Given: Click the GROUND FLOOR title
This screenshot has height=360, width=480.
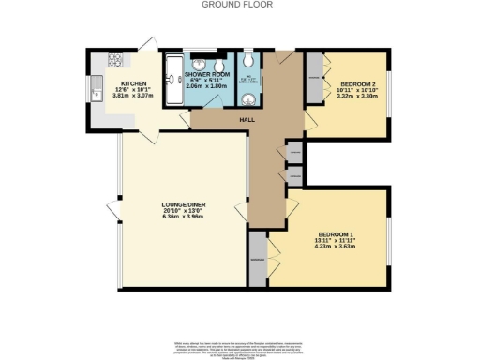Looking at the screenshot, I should [239, 5].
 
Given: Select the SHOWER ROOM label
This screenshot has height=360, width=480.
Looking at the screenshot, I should [206, 73].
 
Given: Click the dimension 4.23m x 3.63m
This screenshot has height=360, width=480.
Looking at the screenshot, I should [336, 247].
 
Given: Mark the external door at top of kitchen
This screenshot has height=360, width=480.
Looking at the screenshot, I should [147, 45].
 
